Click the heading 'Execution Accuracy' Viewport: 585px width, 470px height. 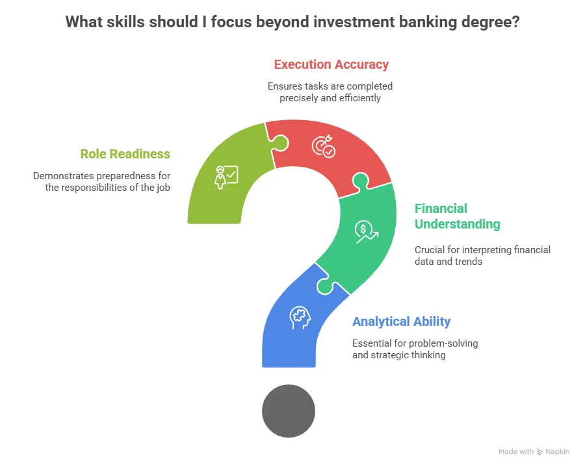click(331, 64)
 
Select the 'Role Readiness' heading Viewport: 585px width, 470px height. click(125, 154)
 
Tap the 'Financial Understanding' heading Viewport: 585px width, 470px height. click(457, 216)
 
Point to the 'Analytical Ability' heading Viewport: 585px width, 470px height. click(401, 321)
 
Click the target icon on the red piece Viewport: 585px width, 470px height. click(323, 146)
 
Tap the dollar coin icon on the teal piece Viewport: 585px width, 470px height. click(366, 232)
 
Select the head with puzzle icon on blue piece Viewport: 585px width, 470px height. click(300, 317)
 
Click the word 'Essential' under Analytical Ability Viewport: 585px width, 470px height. click(374, 343)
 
